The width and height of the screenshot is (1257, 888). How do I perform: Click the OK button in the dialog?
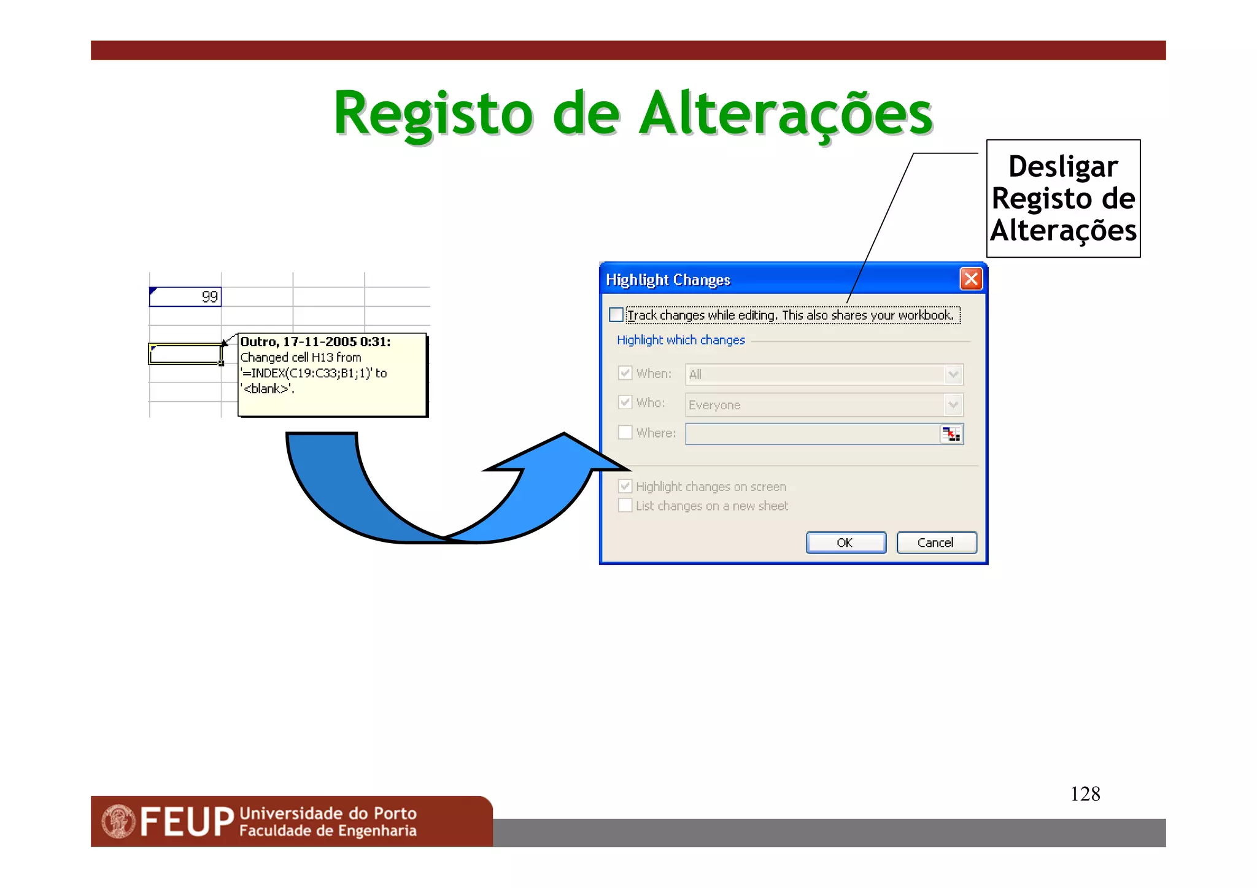point(845,542)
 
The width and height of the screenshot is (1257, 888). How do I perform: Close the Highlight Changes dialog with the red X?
point(971,279)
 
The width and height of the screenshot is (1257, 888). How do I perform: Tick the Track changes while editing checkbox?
point(616,315)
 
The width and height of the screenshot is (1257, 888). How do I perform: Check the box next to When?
point(625,373)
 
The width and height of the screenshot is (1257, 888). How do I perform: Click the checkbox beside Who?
point(625,403)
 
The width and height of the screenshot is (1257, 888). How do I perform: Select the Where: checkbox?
point(625,433)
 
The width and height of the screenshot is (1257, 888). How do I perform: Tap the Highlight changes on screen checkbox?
point(625,487)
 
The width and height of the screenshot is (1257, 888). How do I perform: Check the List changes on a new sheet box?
point(625,506)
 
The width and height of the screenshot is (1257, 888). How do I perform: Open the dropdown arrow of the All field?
point(953,374)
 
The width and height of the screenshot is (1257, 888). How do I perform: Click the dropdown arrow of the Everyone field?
point(953,404)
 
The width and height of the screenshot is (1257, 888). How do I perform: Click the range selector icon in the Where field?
point(951,434)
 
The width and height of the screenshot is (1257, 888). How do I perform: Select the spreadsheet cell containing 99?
point(185,297)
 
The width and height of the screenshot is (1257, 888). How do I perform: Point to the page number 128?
point(1085,794)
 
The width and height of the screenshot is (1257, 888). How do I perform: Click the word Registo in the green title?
point(433,114)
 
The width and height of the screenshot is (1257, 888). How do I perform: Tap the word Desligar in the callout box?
point(1063,167)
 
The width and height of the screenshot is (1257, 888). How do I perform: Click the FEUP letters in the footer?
point(187,822)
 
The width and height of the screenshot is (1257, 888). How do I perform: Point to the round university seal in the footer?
point(118,822)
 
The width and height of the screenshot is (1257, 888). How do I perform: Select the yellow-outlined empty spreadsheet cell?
point(185,354)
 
